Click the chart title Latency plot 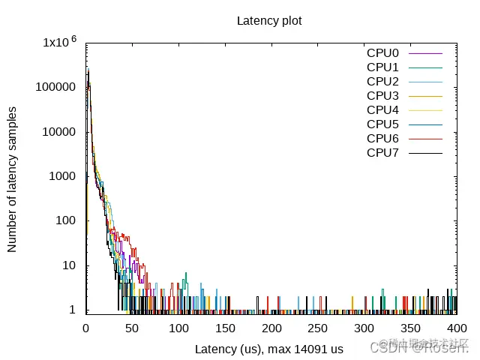pyautogui.click(x=269, y=20)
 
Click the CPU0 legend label pyautogui.click(x=382, y=53)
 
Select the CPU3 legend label pyautogui.click(x=382, y=96)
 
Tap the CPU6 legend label pyautogui.click(x=382, y=139)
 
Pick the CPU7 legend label pyautogui.click(x=382, y=153)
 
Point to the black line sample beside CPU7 pyautogui.click(x=427, y=153)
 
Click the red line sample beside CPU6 pyautogui.click(x=427, y=139)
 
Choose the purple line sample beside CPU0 pyautogui.click(x=427, y=53)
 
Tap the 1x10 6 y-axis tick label pyautogui.click(x=59, y=43)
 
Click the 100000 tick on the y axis pyautogui.click(x=55, y=87)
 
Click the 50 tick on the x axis pyautogui.click(x=132, y=328)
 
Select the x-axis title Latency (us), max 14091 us pyautogui.click(x=269, y=349)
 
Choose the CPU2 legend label pyautogui.click(x=382, y=82)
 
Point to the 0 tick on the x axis pyautogui.click(x=85, y=328)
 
